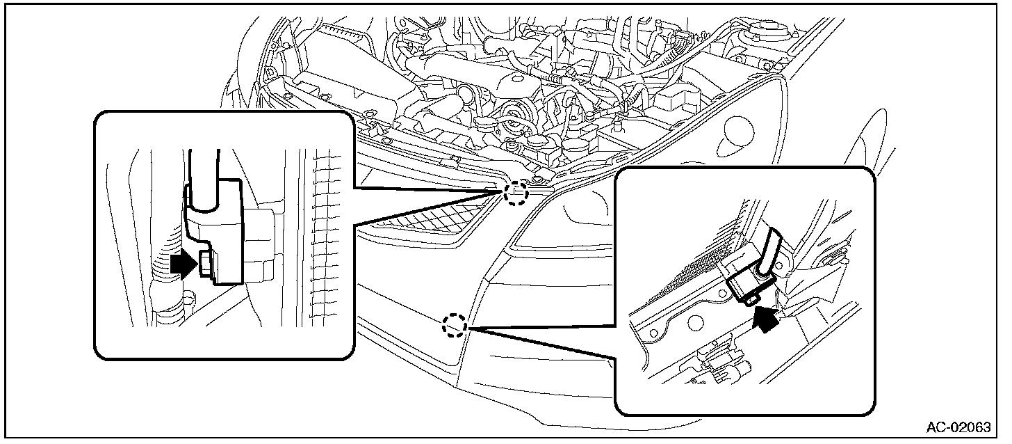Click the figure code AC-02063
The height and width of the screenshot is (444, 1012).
coord(958,427)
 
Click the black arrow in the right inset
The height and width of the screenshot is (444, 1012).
coord(767,319)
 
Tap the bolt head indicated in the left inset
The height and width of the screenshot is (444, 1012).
coord(205,264)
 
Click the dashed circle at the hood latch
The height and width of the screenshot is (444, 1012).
coord(516,193)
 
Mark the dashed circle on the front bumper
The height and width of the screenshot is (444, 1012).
coord(455,325)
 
